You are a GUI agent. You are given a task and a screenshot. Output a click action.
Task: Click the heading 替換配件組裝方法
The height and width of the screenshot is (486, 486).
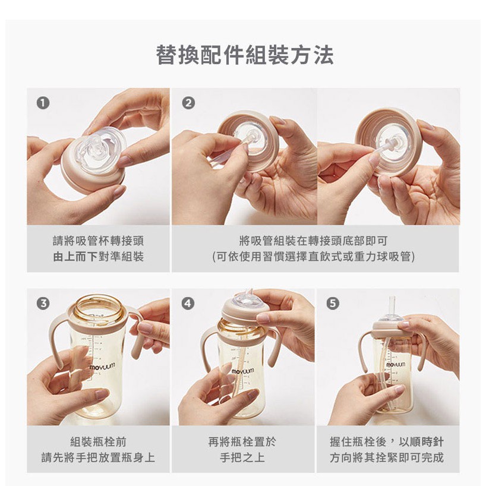click(x=245, y=55)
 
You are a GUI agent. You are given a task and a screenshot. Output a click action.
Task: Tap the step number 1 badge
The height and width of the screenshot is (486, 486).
click(x=43, y=103)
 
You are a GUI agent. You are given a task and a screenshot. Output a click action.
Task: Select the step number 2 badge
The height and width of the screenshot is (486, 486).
click(x=188, y=103)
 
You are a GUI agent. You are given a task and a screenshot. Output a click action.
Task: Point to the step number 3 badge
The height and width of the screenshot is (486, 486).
click(x=43, y=303)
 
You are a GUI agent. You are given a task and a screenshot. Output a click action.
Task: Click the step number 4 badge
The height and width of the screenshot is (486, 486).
click(x=188, y=303)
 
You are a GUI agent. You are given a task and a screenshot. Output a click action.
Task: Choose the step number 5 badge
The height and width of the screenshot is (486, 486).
click(x=333, y=303)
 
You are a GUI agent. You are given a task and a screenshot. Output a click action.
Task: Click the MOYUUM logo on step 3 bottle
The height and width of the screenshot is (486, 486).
click(x=102, y=366)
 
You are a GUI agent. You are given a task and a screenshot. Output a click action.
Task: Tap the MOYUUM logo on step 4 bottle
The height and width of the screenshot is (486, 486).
click(x=242, y=371)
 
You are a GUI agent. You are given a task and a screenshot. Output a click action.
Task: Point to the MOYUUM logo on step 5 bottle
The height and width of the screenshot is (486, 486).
click(x=396, y=365)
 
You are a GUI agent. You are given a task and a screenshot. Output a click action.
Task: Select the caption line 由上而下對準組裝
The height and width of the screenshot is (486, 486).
click(x=98, y=257)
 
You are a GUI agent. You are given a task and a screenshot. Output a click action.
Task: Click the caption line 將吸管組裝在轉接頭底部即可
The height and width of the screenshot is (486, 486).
click(x=313, y=241)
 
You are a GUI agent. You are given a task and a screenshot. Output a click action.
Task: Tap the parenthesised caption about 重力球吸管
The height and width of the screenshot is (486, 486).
click(x=313, y=257)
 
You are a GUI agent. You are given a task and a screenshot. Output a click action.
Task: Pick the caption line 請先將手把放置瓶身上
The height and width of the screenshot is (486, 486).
click(x=98, y=457)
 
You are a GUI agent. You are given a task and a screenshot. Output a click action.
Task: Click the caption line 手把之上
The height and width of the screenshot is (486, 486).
click(x=242, y=457)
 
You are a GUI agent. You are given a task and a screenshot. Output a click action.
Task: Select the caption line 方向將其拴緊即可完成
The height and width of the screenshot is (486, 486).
click(x=387, y=457)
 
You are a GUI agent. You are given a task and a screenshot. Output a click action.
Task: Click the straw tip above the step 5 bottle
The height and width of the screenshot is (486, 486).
click(x=392, y=298)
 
